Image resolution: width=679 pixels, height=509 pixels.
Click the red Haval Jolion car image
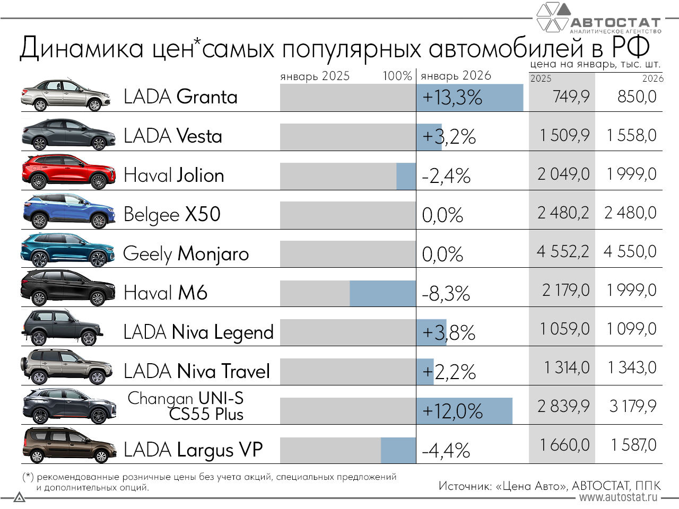[68, 172]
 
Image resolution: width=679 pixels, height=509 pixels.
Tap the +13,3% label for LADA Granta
[452, 98]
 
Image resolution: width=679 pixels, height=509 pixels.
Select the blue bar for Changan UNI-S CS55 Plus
[464, 411]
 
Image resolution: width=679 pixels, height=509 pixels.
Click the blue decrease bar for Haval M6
[382, 293]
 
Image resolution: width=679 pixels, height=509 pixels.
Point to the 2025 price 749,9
[571, 97]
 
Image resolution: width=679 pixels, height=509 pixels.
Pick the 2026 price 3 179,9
[633, 406]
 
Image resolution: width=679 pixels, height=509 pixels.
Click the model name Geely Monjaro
[186, 253]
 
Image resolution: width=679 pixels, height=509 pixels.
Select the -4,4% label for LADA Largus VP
[446, 451]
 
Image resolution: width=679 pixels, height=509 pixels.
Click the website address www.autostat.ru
[618, 497]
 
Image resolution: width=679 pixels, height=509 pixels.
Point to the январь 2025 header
[315, 76]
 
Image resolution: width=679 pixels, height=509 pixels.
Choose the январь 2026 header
[456, 76]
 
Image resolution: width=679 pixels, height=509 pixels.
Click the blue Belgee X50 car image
[68, 212]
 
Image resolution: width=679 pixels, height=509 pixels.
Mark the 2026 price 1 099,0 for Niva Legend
[632, 329]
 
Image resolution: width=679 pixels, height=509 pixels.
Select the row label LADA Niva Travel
[197, 371]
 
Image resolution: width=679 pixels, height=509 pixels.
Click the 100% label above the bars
[397, 76]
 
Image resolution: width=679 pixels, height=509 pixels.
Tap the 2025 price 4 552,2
[563, 251]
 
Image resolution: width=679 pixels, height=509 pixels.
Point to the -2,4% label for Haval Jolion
[446, 176]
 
